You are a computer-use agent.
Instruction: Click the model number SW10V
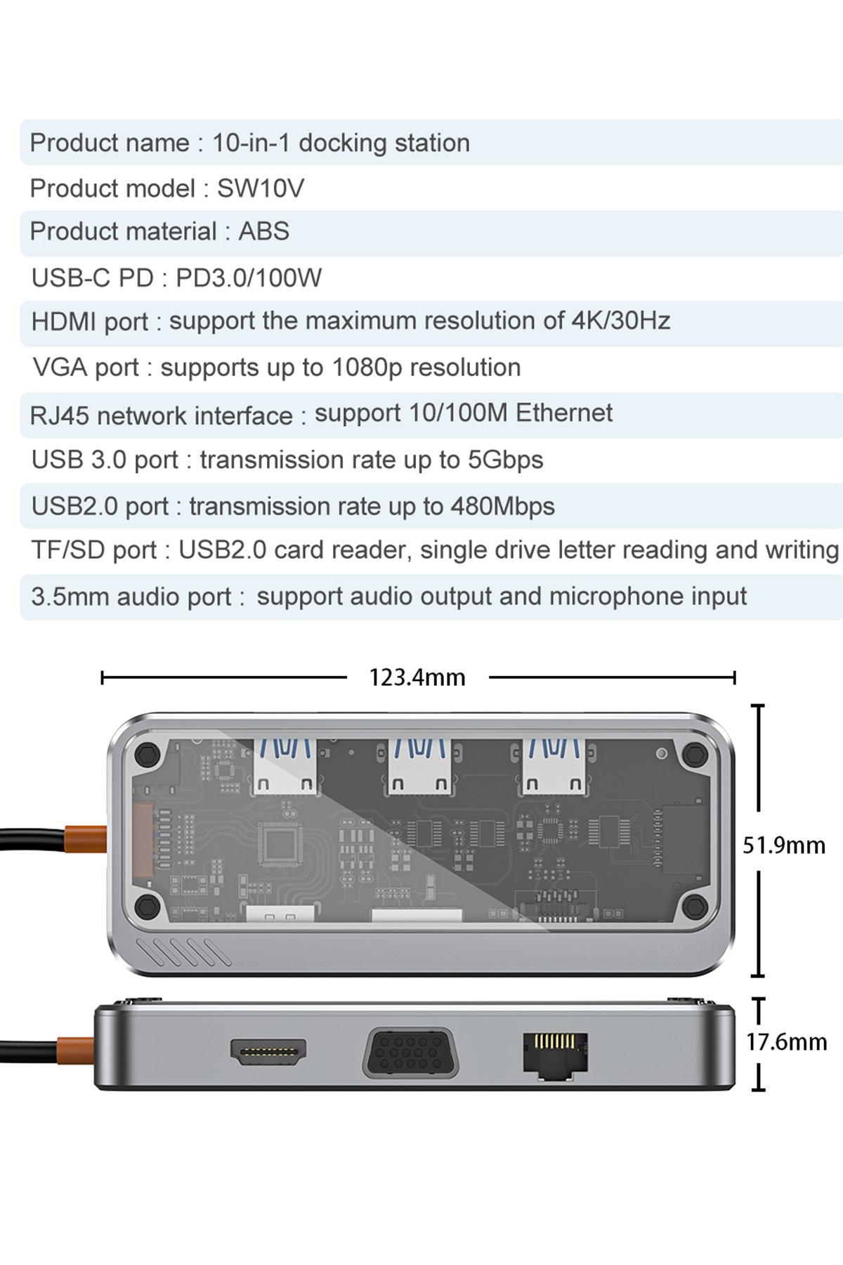tap(261, 188)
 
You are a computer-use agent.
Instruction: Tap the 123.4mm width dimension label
tap(417, 677)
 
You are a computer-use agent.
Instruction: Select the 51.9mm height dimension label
tap(784, 845)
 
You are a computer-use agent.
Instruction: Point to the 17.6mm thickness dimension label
tap(787, 1042)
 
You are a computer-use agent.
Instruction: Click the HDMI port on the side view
tap(268, 1051)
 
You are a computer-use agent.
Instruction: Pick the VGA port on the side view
tap(410, 1052)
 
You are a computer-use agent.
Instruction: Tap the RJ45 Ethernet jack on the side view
tap(555, 1052)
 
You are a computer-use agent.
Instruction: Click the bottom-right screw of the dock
tap(695, 907)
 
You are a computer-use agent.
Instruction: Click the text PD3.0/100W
tap(249, 278)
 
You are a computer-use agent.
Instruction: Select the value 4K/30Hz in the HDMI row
tap(621, 320)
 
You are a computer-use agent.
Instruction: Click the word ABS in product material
tap(264, 231)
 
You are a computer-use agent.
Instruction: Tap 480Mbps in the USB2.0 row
tap(503, 506)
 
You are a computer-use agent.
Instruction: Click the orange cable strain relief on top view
tap(86, 839)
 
